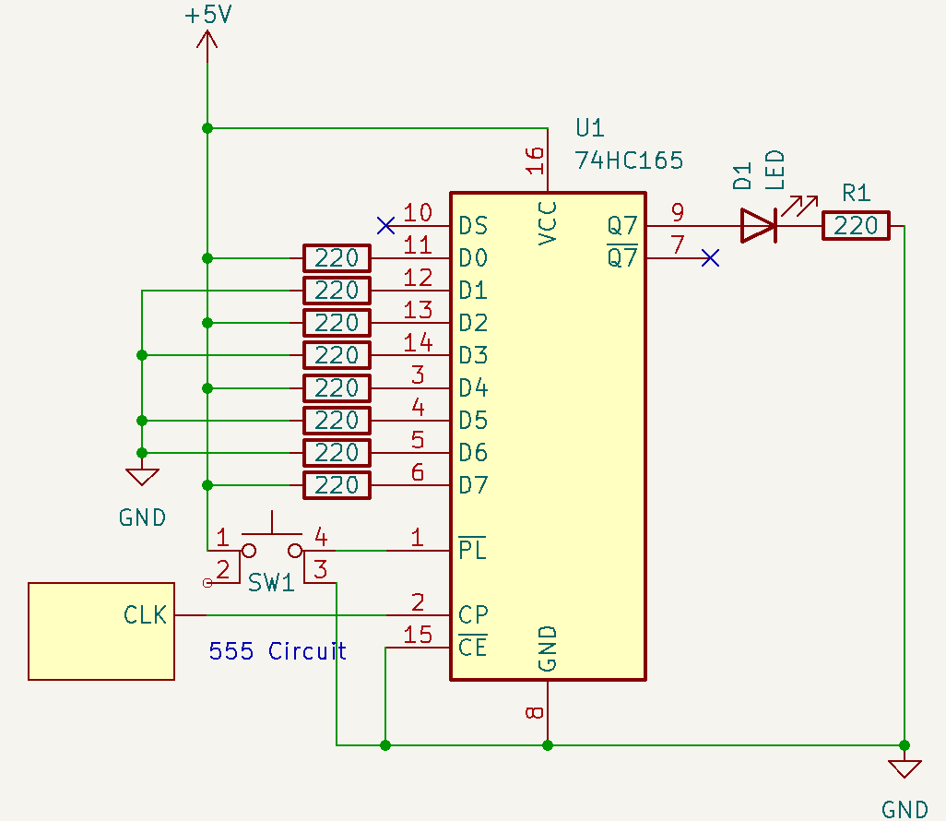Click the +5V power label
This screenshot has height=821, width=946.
207,16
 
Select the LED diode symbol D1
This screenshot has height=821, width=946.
759,225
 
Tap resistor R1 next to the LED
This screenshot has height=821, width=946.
856,226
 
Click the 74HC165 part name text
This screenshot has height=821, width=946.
629,161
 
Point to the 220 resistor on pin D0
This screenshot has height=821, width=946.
337,258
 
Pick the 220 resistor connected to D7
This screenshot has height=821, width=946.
337,485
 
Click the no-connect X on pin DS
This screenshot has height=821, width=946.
386,225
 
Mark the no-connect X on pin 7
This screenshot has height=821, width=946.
709,258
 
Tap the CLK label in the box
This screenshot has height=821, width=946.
146,615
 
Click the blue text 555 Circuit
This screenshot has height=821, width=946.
278,651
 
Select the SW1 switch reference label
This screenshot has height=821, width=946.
271,583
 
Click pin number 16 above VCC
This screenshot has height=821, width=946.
536,161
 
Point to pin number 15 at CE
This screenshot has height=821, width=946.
418,635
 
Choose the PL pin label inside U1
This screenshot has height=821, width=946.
472,550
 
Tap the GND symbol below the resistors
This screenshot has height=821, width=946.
142,478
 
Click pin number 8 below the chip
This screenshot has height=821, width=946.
536,712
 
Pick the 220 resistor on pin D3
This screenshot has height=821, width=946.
337,355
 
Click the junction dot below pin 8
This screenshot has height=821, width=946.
548,744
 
